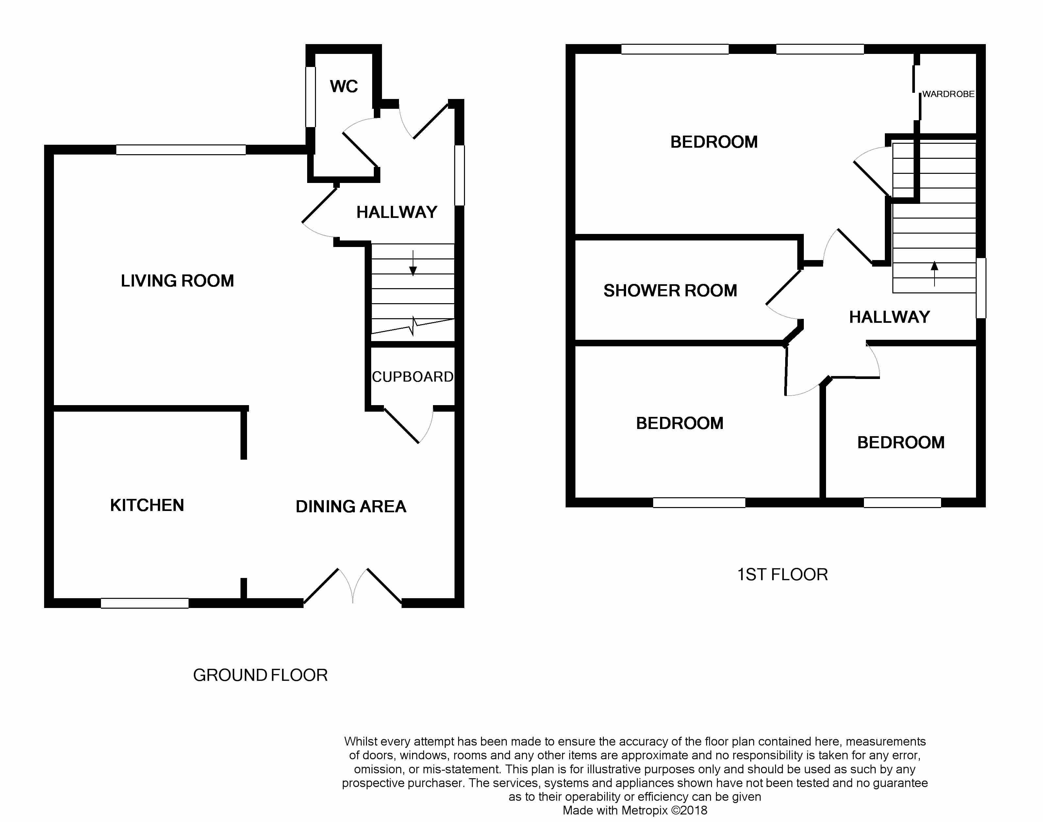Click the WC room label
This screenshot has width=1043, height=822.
pos(344,87)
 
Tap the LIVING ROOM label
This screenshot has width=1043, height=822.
pos(177,281)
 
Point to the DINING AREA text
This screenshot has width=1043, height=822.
pos(351,506)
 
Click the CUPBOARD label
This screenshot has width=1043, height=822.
pos(412,377)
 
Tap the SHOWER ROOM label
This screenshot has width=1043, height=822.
pos(670,291)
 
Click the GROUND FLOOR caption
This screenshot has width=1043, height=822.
pos(260,675)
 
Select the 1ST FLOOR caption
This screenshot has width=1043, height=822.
pos(782,575)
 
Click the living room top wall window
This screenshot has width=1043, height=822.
pos(181,150)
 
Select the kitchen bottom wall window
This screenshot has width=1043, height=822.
pos(144,603)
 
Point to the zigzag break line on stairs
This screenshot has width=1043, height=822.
pos(413,326)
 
